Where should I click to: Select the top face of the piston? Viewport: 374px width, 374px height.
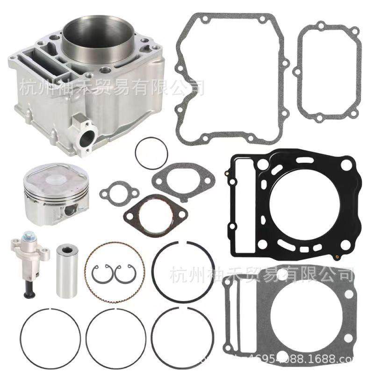(x=55, y=175)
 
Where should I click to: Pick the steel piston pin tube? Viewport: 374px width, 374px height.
(x=66, y=270)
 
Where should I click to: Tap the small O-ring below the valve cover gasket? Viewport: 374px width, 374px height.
(x=151, y=153)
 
